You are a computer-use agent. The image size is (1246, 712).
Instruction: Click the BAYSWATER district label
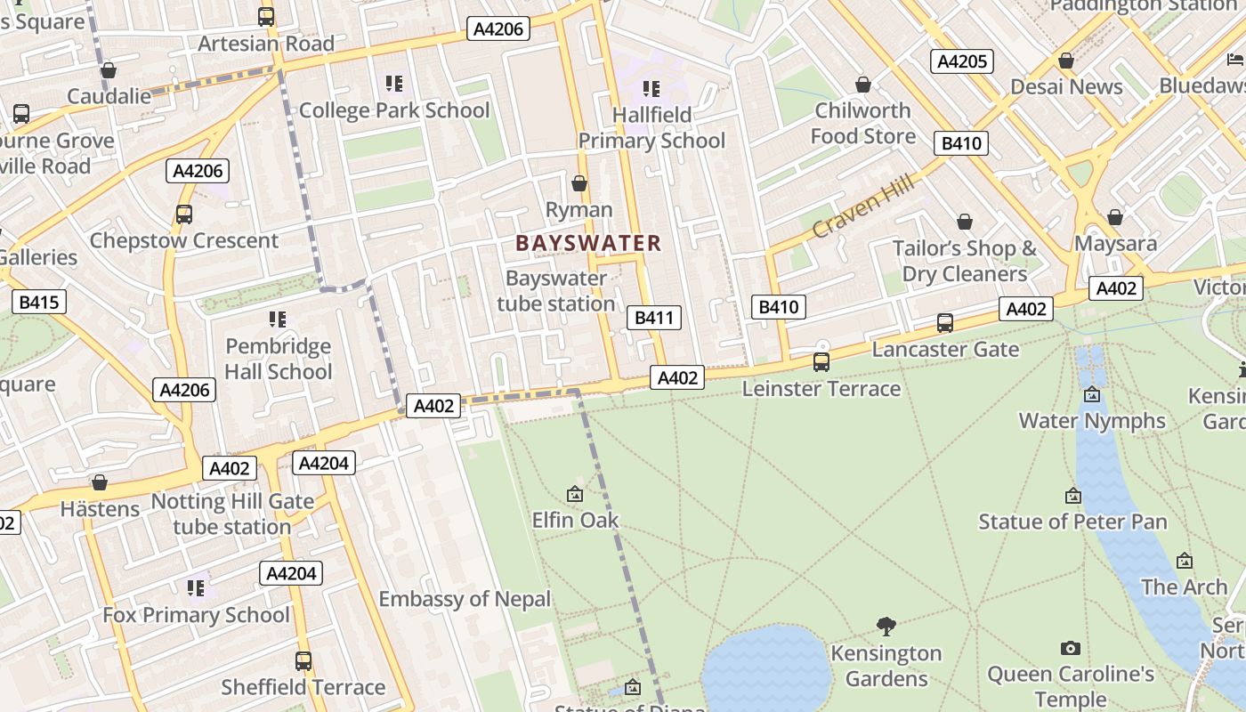tap(588, 243)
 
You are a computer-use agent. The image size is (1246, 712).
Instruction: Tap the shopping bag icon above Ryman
tap(579, 183)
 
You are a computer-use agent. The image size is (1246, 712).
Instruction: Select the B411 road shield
tap(654, 318)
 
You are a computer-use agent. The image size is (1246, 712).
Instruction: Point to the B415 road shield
tap(39, 303)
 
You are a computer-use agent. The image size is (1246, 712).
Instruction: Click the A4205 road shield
tap(962, 61)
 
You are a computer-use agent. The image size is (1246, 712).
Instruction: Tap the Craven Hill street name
tap(862, 207)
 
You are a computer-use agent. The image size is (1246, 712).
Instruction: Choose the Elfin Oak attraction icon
tap(575, 493)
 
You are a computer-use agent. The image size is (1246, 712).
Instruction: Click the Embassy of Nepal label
tap(465, 599)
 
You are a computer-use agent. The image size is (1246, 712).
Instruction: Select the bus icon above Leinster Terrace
tap(821, 362)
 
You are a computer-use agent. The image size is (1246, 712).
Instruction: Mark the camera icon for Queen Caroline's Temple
tap(1071, 648)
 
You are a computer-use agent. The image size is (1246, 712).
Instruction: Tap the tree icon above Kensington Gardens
tap(886, 626)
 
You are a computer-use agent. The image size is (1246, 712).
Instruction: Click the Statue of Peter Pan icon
tap(1073, 496)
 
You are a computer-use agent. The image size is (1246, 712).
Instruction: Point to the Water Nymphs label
tap(1092, 420)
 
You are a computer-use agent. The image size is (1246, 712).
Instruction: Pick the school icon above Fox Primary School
tap(196, 587)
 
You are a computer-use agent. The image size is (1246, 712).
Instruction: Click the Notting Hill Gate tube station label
tap(232, 514)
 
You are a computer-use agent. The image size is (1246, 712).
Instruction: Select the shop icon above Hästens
tap(100, 482)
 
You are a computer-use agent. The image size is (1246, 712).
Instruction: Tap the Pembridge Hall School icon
tap(278, 319)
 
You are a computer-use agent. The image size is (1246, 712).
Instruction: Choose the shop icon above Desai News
tap(1065, 61)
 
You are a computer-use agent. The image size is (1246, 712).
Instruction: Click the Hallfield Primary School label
tap(651, 127)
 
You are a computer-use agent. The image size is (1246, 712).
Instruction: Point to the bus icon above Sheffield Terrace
tap(303, 661)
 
